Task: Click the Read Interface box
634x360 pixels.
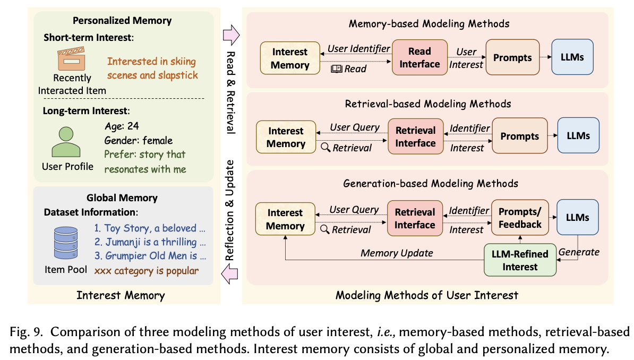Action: [x=419, y=57]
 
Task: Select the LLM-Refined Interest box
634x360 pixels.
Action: [x=520, y=260]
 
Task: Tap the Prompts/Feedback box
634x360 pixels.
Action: [x=520, y=217]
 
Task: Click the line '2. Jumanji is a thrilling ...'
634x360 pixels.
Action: [x=149, y=242]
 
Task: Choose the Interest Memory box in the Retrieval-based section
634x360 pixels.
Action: [x=286, y=137]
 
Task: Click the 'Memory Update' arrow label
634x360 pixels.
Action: [x=397, y=253]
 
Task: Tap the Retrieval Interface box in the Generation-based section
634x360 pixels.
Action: [x=415, y=218]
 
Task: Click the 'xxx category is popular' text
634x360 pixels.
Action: [x=147, y=271]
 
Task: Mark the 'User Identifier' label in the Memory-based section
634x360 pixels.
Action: [x=358, y=49]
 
